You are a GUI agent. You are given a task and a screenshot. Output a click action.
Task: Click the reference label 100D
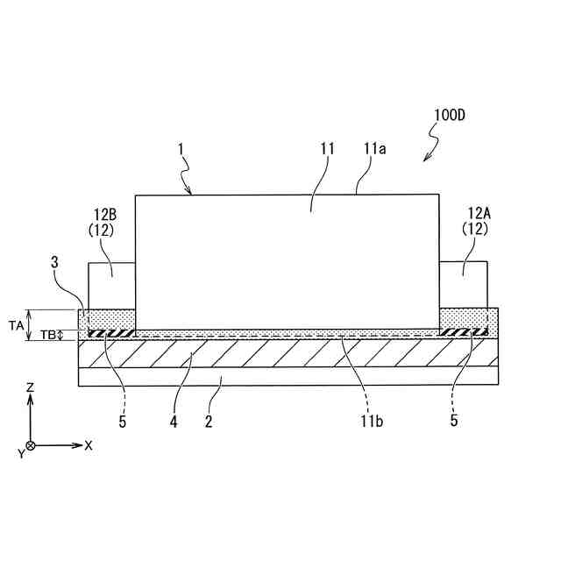pos(449,116)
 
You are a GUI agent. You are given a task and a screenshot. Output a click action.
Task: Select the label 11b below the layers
pos(369,422)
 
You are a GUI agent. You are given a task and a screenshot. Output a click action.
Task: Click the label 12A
pos(479,212)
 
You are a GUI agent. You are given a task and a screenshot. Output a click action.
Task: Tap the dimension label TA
pos(16,324)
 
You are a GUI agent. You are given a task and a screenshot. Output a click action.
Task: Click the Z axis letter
pos(30,386)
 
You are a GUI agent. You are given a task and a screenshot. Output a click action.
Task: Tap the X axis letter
pos(89,445)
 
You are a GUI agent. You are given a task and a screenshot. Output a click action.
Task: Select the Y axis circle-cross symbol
pos(31,446)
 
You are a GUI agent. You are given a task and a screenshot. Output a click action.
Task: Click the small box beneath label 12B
pos(111,285)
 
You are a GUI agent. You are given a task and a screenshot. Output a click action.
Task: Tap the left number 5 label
pos(123,421)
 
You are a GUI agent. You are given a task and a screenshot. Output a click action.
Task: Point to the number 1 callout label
pos(181,150)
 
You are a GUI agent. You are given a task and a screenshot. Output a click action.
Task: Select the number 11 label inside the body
pos(327,150)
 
